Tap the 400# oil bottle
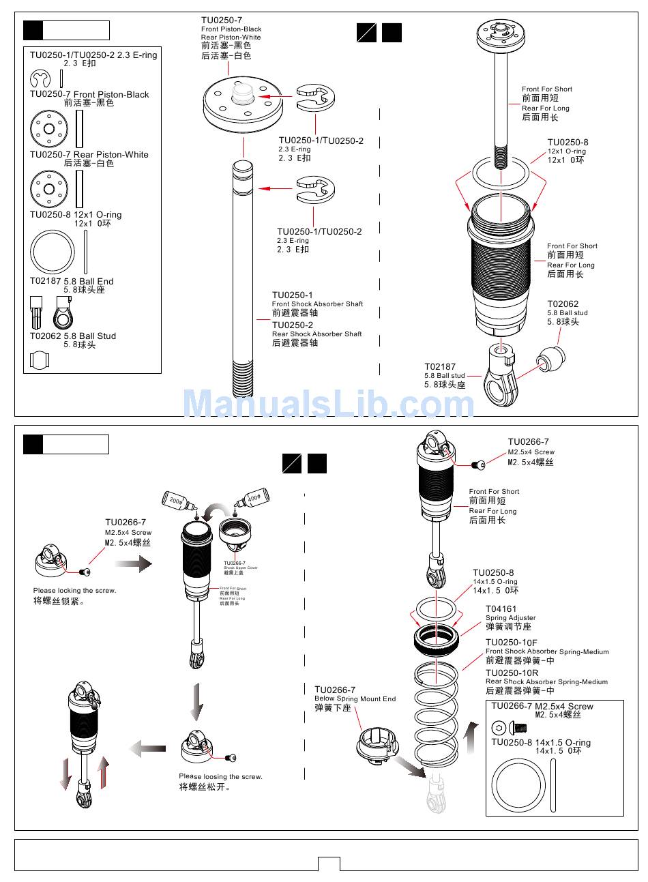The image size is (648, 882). [x=252, y=498]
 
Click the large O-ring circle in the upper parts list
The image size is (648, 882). [x=52, y=252]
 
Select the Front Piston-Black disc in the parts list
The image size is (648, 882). [x=49, y=128]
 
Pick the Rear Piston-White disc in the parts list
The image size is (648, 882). [x=49, y=188]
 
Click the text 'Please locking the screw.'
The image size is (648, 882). [x=74, y=591]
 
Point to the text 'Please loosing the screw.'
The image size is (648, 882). [x=220, y=776]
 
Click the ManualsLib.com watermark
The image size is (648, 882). [x=328, y=403]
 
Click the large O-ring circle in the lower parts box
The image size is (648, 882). [x=520, y=787]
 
